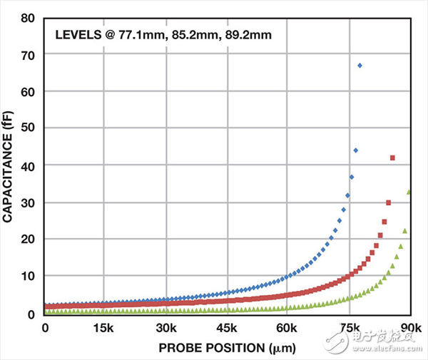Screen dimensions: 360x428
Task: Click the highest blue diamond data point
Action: click(360, 66)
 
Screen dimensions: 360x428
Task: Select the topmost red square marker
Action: click(392, 158)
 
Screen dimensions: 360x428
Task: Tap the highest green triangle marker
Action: click(409, 192)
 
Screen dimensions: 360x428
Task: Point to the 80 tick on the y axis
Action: click(29, 17)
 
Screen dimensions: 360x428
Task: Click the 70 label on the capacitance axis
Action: click(29, 54)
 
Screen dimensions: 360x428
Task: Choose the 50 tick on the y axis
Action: click(29, 128)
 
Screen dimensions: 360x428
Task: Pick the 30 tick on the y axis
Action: click(29, 202)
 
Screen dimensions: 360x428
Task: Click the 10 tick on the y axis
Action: click(29, 276)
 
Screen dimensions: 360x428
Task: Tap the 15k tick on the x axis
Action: click(104, 328)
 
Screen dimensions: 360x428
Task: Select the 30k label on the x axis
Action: click(166, 328)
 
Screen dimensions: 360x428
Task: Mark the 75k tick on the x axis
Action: click(350, 328)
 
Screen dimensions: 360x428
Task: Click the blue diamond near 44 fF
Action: click(355, 150)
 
